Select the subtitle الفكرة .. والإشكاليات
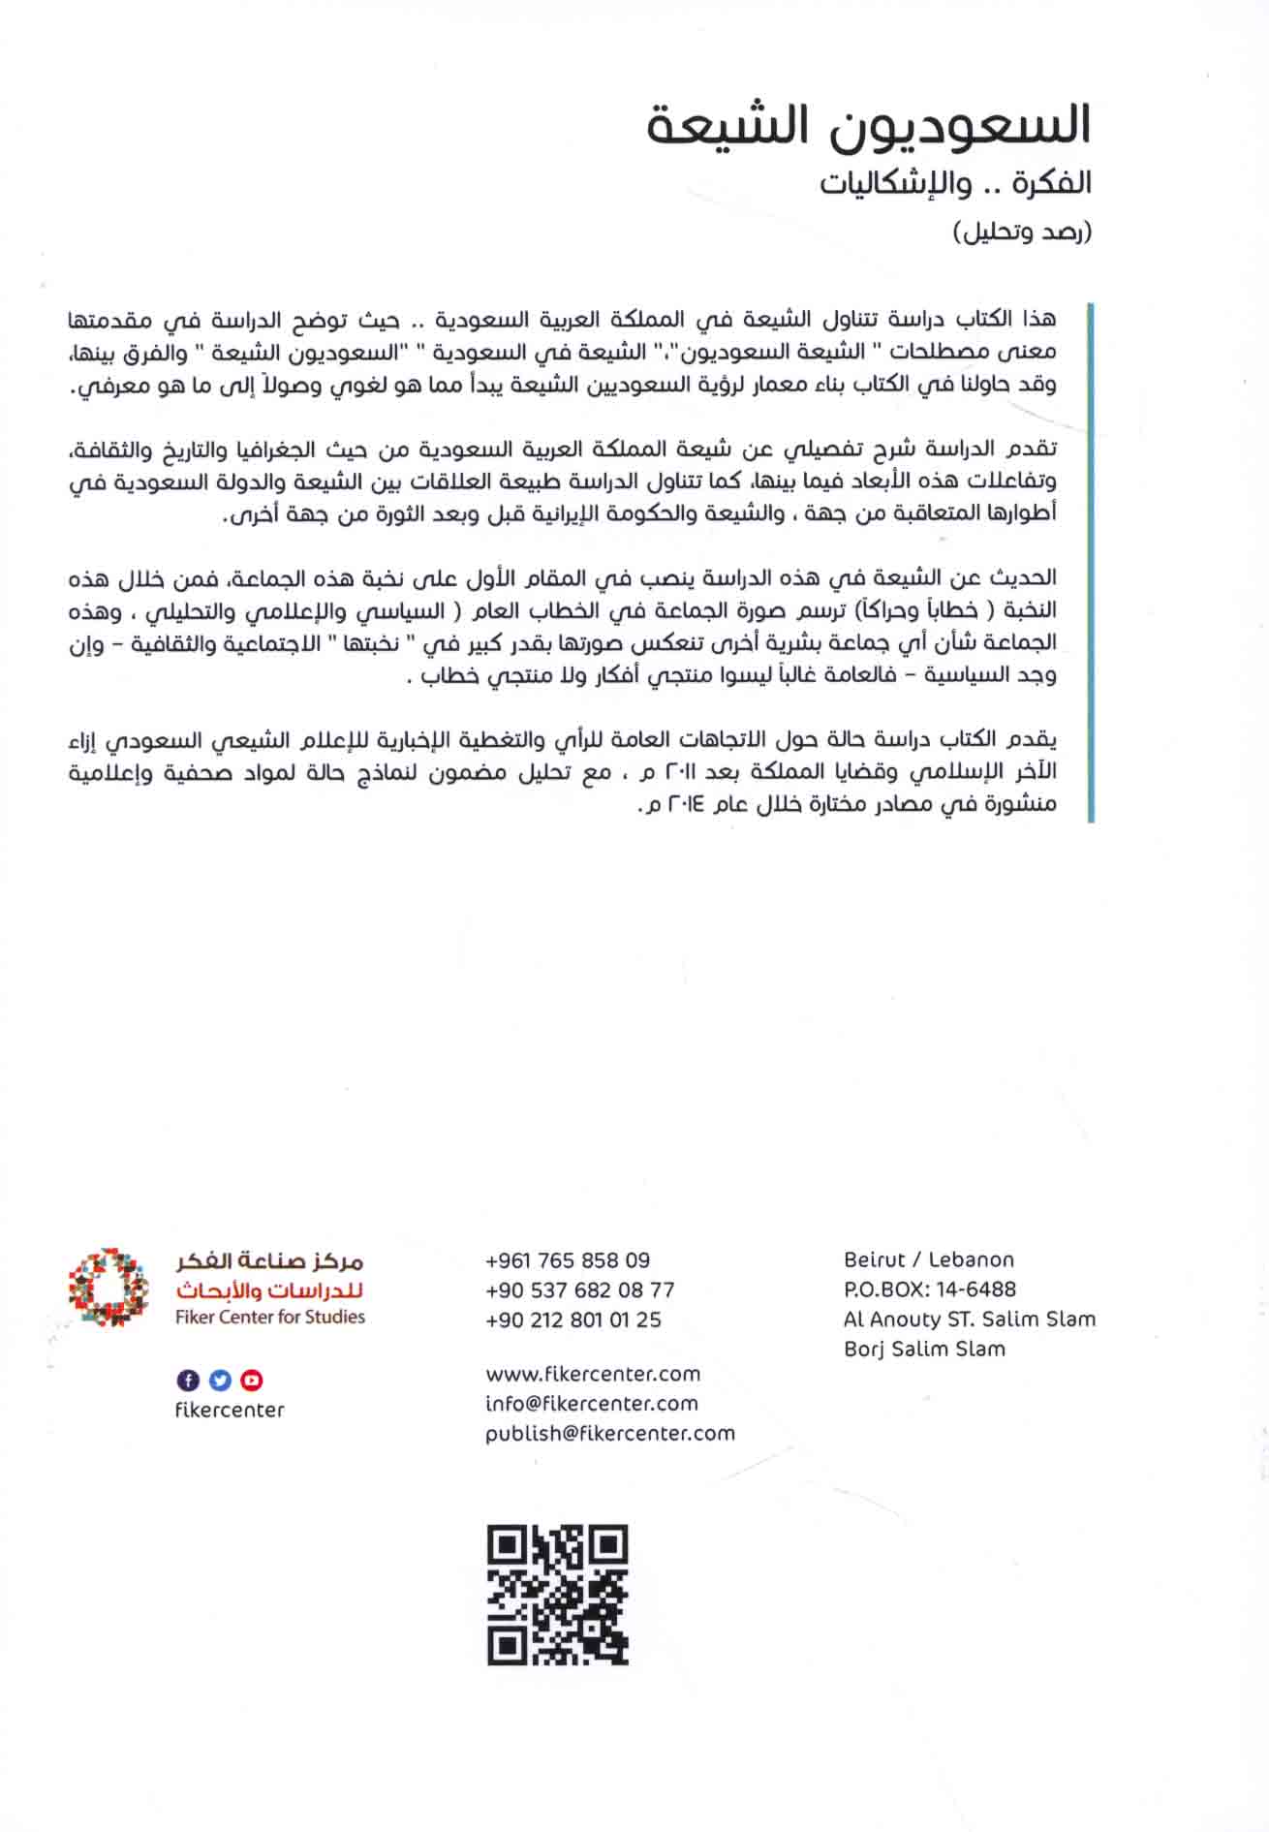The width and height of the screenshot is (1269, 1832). (x=955, y=183)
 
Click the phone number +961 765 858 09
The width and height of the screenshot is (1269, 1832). (x=568, y=1260)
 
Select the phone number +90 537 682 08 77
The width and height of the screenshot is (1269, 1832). (x=579, y=1290)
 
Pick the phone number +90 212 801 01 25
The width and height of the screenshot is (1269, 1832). (x=573, y=1320)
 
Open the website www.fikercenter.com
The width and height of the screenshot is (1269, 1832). (x=592, y=1374)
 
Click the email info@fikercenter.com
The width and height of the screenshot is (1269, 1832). (x=591, y=1403)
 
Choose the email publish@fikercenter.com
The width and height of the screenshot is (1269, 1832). (x=609, y=1433)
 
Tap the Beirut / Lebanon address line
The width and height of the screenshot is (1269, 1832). (x=928, y=1259)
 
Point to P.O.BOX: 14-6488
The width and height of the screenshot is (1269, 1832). (x=929, y=1289)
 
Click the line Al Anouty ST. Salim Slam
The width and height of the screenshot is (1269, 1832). (x=969, y=1319)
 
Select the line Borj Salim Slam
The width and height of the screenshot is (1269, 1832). (x=924, y=1349)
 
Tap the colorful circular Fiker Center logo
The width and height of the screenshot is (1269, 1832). (x=108, y=1288)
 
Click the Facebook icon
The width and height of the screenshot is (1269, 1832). (x=188, y=1380)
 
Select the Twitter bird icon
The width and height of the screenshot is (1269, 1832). (x=220, y=1380)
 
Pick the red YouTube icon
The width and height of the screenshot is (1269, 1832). (x=252, y=1380)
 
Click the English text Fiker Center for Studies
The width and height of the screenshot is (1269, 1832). (x=270, y=1317)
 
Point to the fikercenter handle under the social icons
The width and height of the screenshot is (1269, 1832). (x=230, y=1411)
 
